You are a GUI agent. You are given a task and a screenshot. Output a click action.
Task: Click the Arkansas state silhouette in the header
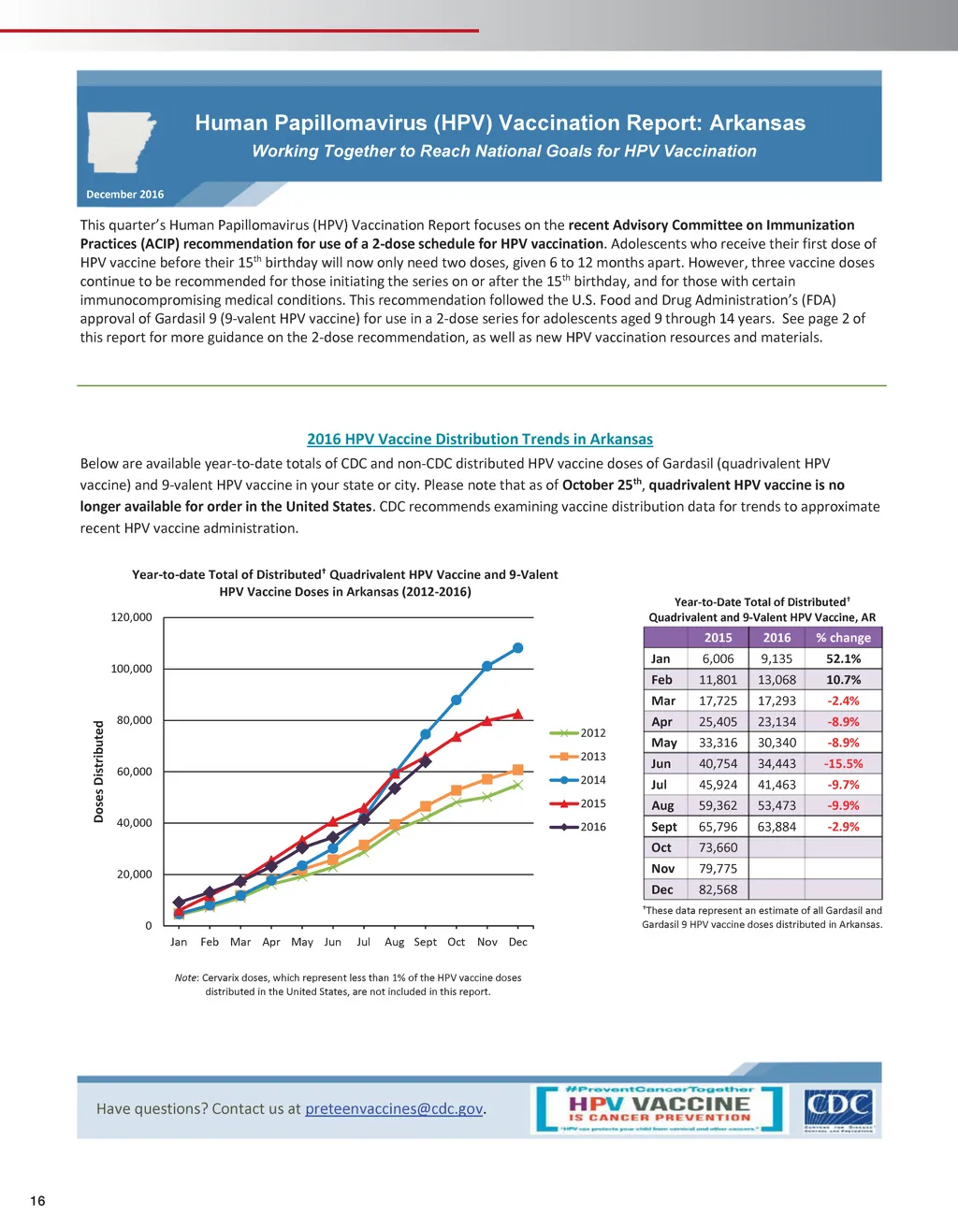click(121, 141)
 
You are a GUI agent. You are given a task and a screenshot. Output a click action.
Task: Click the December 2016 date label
click(124, 195)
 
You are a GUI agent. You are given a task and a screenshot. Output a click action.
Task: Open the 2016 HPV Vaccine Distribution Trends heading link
click(479, 439)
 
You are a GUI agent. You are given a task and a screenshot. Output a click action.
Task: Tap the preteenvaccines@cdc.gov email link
click(394, 1108)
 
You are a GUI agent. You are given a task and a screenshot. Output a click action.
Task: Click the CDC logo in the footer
click(838, 1110)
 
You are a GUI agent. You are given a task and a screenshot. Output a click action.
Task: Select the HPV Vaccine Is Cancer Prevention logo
click(660, 1108)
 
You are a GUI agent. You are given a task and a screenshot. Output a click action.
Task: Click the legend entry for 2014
click(579, 779)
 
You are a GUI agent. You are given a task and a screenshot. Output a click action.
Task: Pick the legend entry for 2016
click(579, 826)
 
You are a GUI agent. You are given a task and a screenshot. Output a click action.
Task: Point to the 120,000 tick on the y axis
click(131, 617)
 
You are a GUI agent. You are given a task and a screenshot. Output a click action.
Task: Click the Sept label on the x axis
click(425, 942)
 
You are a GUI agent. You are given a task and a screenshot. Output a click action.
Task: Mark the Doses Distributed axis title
click(99, 772)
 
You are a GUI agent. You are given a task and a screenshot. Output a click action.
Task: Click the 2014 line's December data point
click(518, 647)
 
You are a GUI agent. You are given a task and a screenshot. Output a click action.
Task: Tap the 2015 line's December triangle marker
click(518, 714)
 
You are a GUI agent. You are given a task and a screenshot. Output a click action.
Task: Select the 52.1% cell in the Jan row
click(843, 658)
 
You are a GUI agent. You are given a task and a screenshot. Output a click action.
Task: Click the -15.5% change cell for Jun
click(843, 763)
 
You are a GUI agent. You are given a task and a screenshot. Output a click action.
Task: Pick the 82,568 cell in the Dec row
click(718, 889)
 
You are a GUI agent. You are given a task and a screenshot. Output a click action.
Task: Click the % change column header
click(843, 638)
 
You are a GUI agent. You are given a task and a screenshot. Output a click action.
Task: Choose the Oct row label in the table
click(661, 847)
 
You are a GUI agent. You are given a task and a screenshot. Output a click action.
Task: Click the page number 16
click(37, 1201)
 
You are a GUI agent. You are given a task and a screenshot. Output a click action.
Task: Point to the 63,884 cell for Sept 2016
click(777, 827)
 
